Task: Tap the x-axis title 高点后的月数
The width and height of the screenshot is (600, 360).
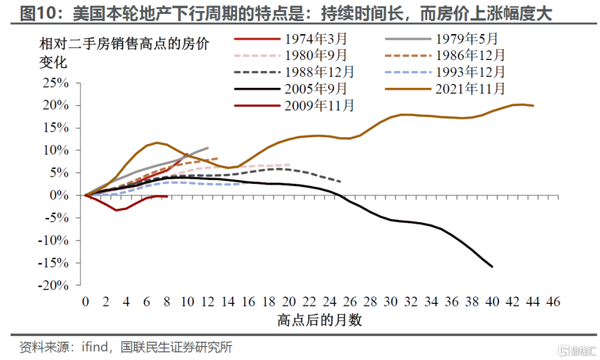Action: pyautogui.click(x=319, y=321)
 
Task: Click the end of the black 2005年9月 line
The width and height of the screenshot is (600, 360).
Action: pyautogui.click(x=492, y=267)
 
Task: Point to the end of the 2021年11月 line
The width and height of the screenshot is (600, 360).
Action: pyautogui.click(x=533, y=106)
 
